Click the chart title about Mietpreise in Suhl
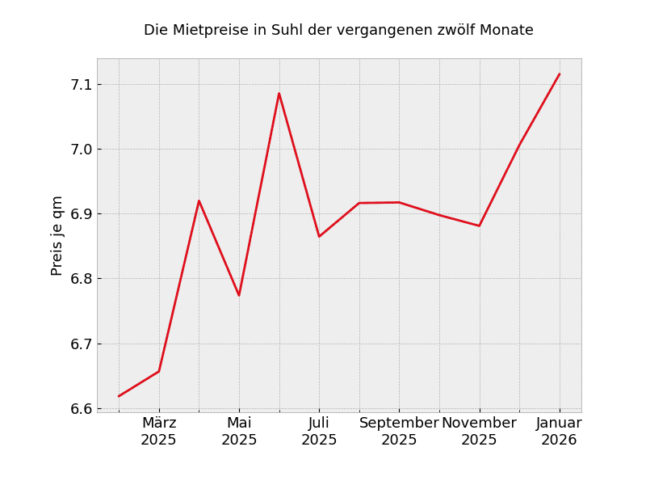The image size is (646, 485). tap(338, 31)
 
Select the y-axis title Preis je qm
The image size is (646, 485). tap(57, 235)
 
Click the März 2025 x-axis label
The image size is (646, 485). tap(159, 432)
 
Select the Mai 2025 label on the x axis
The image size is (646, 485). tap(239, 432)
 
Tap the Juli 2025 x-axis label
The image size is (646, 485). tap(319, 432)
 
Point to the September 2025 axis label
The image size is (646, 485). tap(399, 432)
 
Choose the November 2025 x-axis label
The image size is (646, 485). tap(479, 432)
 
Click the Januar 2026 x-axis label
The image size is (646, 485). tap(559, 432)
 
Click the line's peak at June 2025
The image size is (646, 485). tap(279, 93)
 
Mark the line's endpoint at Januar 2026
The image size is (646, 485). tap(559, 74)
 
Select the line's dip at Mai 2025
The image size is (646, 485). tap(239, 295)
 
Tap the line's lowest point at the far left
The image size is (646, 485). tap(119, 396)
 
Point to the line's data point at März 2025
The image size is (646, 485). tap(159, 371)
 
